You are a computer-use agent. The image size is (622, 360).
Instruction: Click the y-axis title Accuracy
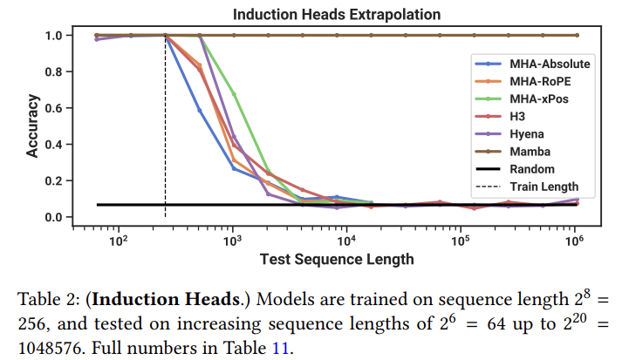pos(32,126)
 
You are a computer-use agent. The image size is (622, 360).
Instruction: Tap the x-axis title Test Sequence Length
pos(337,259)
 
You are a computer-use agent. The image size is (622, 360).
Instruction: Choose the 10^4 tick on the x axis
pos(346,239)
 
